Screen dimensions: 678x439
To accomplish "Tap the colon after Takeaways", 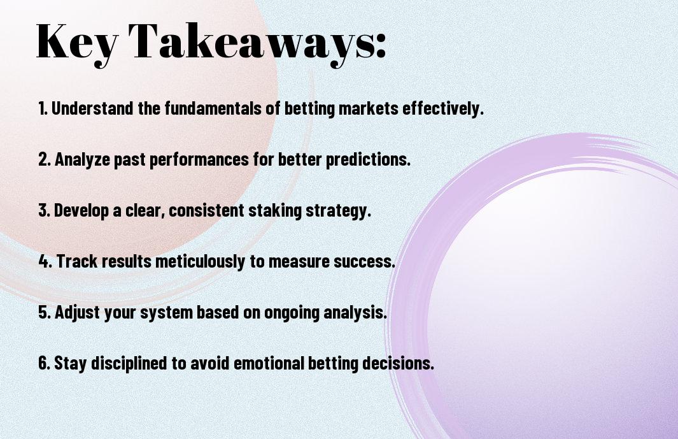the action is [381, 46].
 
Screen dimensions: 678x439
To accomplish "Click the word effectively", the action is [443, 108].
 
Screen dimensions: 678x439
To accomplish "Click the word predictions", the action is [368, 159].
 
